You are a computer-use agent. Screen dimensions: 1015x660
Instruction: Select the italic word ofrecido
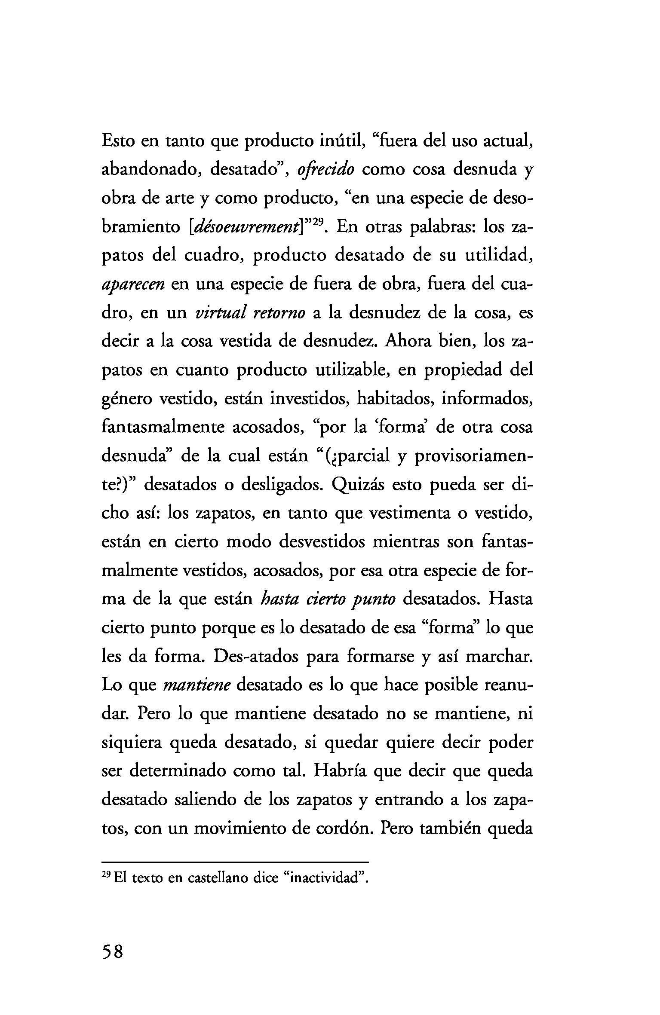click(325, 170)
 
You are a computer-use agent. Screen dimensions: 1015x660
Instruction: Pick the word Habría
click(340, 771)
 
